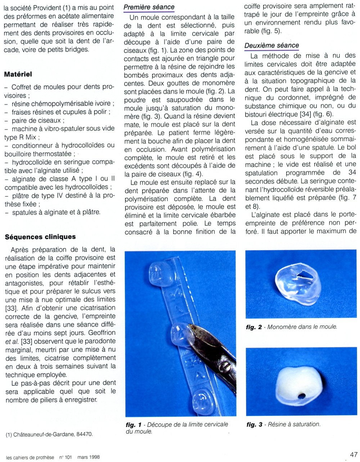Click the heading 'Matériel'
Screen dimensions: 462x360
point(18,74)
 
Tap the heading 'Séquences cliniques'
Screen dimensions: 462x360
point(40,237)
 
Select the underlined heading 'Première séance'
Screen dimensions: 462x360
point(149,7)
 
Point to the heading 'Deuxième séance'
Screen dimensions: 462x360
point(271,45)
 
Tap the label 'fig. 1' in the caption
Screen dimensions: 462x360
point(134,425)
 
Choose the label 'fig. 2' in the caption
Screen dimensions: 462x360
point(254,327)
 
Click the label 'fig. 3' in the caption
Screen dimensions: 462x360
point(254,425)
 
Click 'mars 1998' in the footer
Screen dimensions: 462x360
point(88,457)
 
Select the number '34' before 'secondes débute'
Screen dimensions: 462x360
point(352,173)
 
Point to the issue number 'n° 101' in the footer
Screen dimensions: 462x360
point(66,457)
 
